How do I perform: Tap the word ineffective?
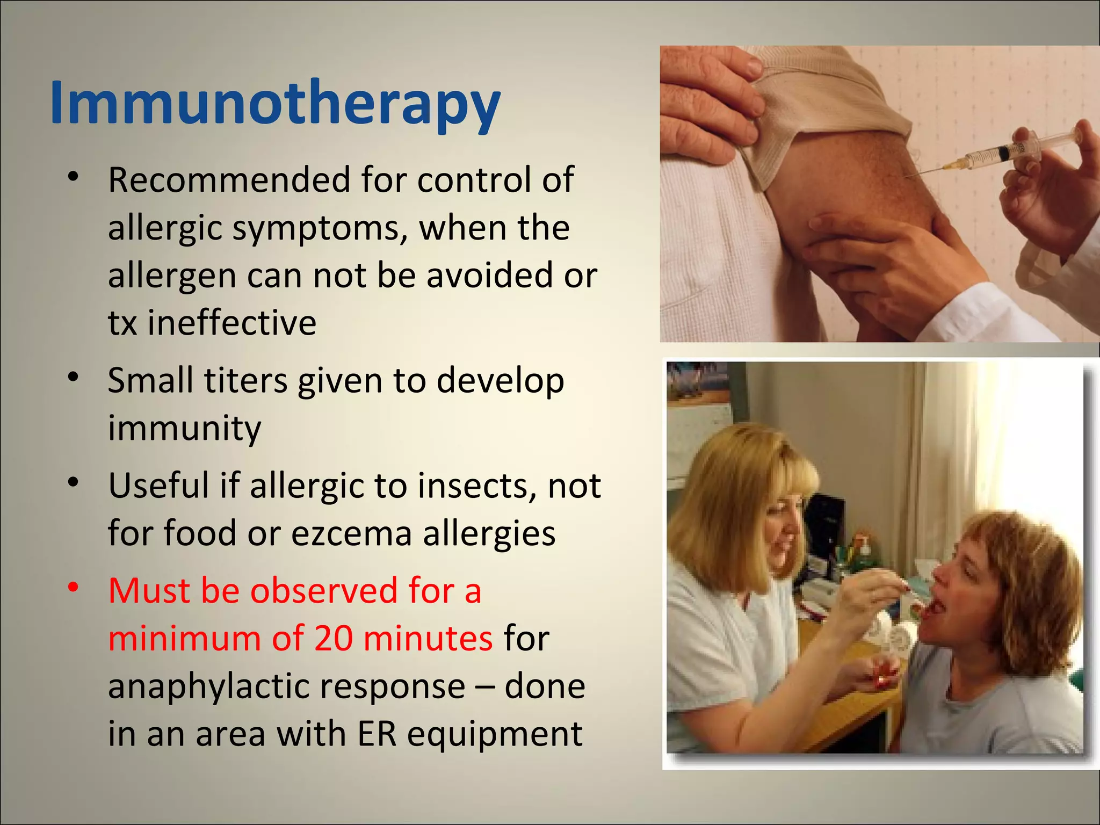232,323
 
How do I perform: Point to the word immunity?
184,428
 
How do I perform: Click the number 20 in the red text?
334,639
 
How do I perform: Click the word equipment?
495,735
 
